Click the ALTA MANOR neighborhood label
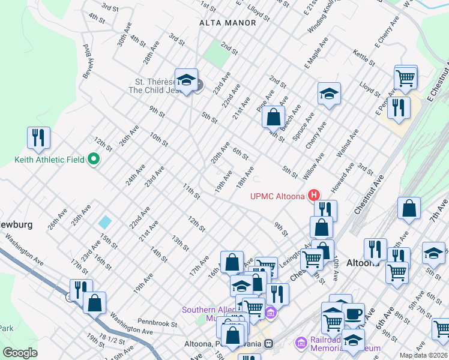click(x=228, y=23)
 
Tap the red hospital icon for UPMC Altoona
click(x=313, y=195)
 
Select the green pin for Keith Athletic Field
click(x=93, y=160)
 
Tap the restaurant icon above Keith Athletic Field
click(x=38, y=137)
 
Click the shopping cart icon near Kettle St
click(x=406, y=78)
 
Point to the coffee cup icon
click(x=353, y=314)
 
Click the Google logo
click(x=20, y=353)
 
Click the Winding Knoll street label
click(x=321, y=21)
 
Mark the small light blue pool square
click(x=105, y=221)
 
